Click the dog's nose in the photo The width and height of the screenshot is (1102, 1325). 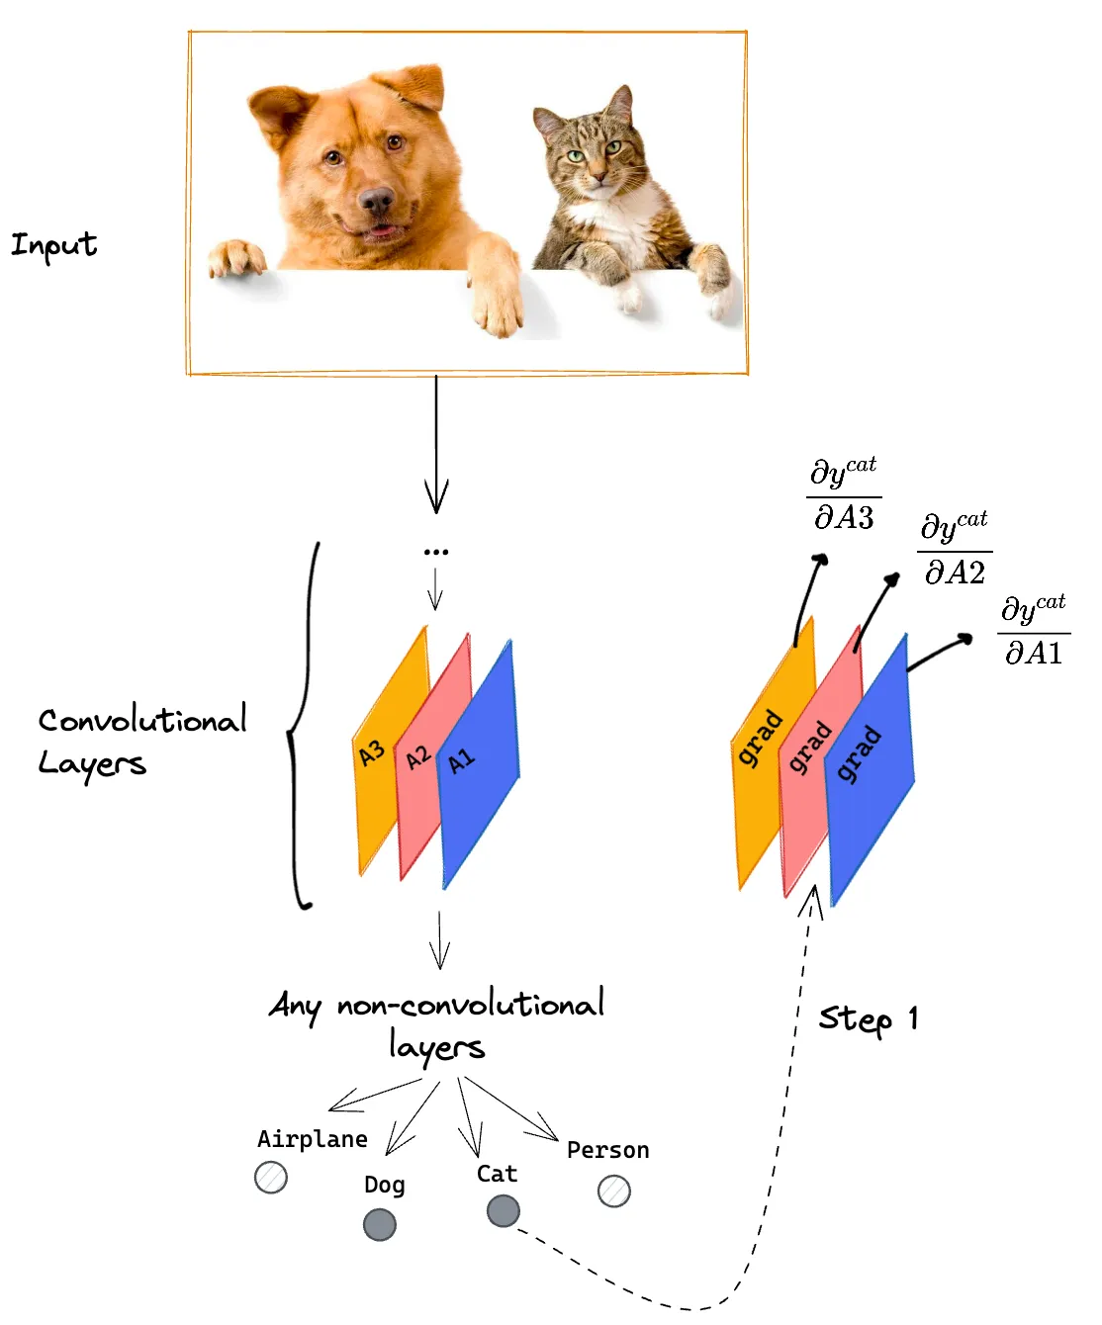376,201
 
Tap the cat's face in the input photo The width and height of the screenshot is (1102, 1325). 593,153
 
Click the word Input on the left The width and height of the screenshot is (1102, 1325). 54,244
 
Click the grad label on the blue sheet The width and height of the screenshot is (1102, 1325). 858,754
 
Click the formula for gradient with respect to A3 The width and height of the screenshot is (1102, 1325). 844,494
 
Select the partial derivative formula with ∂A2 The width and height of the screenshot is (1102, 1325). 955,550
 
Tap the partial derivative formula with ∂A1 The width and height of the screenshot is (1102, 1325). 1034,631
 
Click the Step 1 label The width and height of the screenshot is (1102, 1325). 869,1018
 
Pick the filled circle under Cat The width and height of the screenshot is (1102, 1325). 503,1210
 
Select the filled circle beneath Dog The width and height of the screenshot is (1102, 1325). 380,1224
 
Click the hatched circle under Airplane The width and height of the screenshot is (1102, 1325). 271,1177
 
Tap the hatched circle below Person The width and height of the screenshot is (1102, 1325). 614,1191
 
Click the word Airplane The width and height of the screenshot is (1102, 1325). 313,1139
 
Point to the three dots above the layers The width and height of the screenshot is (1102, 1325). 436,552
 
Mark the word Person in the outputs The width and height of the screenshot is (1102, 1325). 608,1150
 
